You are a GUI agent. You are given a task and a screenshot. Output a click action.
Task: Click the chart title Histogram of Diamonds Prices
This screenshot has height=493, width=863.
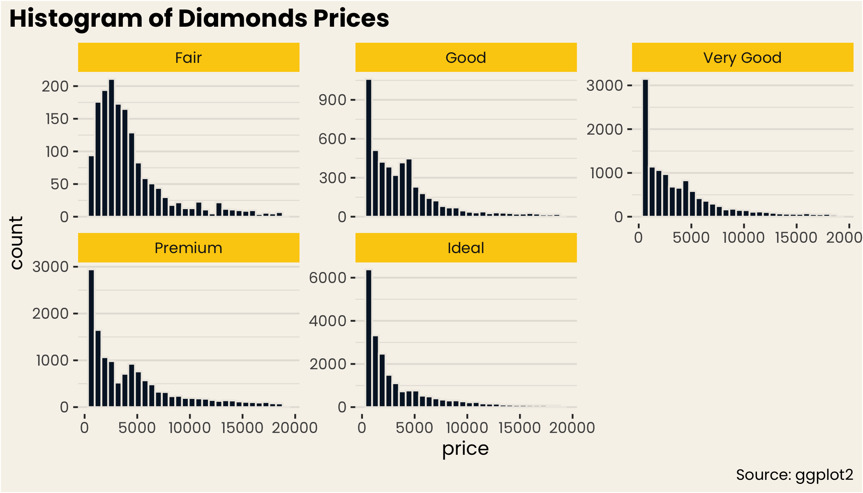199,18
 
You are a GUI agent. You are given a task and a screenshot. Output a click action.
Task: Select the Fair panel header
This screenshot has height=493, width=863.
189,58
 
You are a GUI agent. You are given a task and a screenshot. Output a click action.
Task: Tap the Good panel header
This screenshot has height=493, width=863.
466,58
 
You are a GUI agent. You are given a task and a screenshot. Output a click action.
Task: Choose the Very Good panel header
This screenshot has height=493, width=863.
742,58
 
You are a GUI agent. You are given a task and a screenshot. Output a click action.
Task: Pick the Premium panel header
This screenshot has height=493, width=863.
189,248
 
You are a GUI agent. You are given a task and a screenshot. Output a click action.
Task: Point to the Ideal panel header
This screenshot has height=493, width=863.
466,248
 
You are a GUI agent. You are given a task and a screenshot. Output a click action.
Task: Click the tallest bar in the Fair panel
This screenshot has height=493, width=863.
111,148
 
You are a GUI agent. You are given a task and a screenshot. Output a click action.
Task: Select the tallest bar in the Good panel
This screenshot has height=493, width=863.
369,148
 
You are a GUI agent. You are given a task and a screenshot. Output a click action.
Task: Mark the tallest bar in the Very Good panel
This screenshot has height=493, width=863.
645,148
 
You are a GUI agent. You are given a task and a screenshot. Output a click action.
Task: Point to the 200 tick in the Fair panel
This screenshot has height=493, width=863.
55,86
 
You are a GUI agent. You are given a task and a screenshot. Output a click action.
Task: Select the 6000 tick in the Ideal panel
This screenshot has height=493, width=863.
328,278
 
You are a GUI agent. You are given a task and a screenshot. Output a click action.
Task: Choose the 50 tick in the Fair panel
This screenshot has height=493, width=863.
60,184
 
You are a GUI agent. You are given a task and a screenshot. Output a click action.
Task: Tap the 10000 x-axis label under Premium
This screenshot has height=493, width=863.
189,428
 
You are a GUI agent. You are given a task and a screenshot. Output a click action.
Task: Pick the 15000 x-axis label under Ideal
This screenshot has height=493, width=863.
519,428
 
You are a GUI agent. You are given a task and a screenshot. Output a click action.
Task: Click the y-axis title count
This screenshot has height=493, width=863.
16,243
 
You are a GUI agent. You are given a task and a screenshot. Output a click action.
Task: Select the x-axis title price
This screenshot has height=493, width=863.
465,449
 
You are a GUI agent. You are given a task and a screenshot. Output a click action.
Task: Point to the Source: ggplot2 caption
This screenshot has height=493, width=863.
794,475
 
